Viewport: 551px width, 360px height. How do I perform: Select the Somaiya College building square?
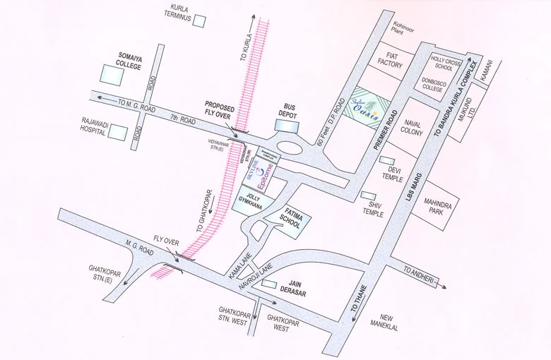109,73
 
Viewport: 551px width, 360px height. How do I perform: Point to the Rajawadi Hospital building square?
118,132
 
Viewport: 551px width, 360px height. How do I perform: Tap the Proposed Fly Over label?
224,107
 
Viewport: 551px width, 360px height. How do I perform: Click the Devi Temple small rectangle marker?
386,160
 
